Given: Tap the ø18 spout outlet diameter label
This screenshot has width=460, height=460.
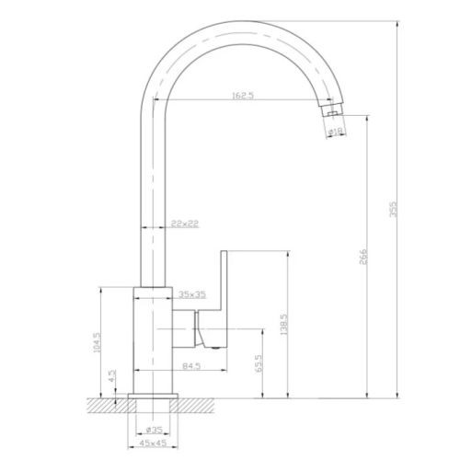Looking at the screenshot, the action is point(335,132).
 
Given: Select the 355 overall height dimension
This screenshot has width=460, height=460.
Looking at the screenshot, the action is point(393,210).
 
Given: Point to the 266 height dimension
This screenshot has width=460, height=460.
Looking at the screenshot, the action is point(363,257).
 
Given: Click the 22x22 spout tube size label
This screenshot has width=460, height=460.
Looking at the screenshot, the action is point(185,224).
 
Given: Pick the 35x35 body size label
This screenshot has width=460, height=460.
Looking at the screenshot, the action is point(192,294).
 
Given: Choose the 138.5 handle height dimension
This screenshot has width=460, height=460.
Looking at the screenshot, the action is point(284,324).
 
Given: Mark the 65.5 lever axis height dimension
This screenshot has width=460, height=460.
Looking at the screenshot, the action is point(259,363).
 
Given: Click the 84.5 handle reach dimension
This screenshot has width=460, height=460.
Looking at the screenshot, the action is point(191,366).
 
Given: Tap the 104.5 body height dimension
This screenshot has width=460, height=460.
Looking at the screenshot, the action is point(97,342).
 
